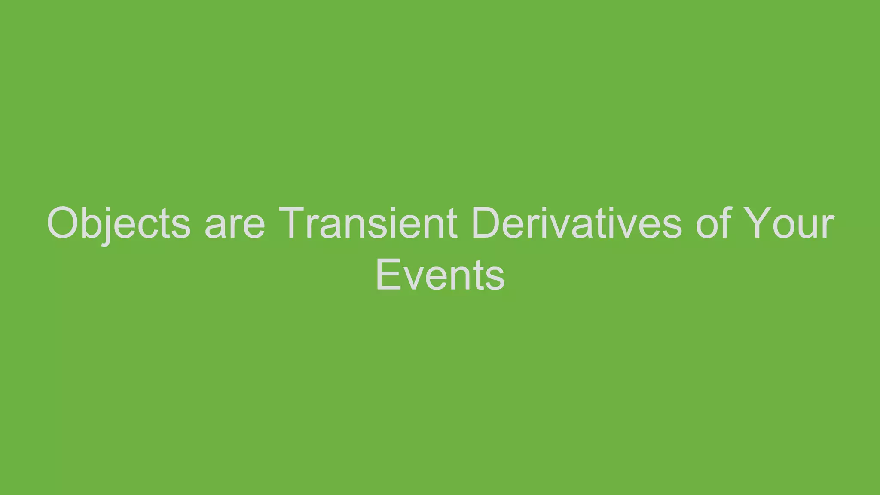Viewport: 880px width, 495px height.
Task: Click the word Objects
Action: [x=119, y=223]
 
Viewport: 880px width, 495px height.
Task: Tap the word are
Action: [x=235, y=223]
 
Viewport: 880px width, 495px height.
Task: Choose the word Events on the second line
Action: [x=440, y=275]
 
